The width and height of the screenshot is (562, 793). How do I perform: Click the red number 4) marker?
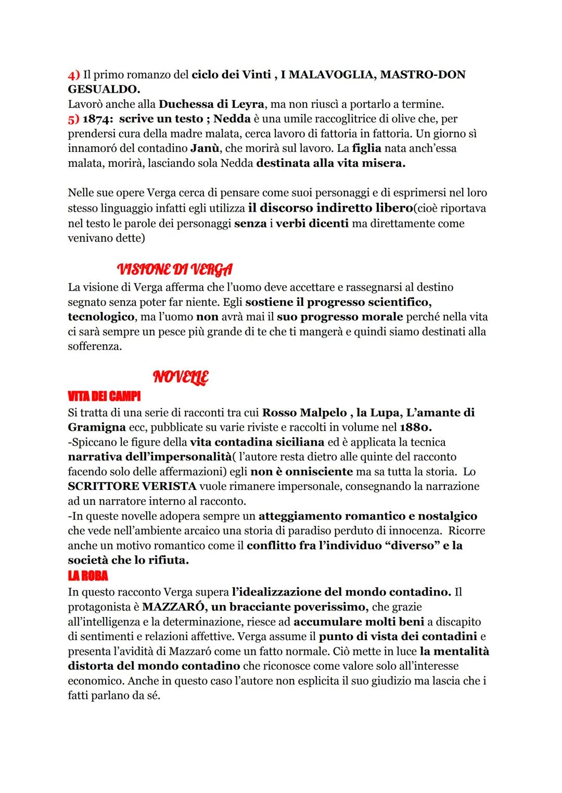point(73,75)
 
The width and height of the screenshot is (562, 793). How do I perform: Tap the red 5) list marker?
point(73,119)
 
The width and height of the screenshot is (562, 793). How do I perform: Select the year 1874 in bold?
point(97,119)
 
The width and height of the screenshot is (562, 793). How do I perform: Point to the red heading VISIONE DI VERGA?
point(175,269)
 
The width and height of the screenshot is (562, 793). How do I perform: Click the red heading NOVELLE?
point(181,377)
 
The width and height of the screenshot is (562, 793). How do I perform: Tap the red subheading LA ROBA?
point(87,576)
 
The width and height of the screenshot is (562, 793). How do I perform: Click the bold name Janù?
point(205,148)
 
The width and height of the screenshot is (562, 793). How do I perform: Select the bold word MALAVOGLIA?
point(328,75)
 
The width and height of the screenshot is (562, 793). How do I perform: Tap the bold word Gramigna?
point(97,427)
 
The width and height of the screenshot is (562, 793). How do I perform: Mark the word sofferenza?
point(94,346)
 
